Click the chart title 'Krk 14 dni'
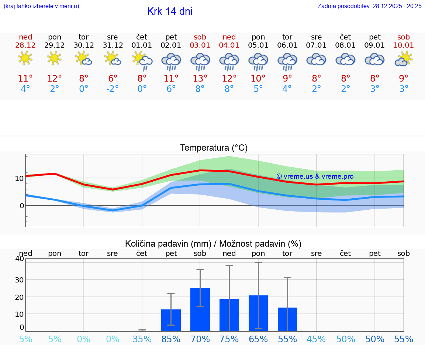(x=170, y=11)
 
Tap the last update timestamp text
(x=369, y=6)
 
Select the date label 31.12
(x=113, y=45)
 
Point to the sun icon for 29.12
(x=54, y=58)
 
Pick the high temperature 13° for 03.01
(x=200, y=78)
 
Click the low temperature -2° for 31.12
(x=113, y=89)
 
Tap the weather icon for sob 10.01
(x=404, y=59)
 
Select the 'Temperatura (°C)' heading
(x=214, y=148)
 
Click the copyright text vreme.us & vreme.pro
(x=315, y=176)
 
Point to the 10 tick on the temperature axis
(x=19, y=178)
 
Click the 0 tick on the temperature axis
(x=21, y=206)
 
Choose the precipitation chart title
(x=213, y=244)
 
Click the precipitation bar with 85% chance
(x=171, y=320)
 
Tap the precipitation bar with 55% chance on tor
(x=287, y=319)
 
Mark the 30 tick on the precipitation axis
(x=19, y=280)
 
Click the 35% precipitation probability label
(x=142, y=339)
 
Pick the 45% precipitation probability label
(x=317, y=339)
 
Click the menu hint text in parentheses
(x=41, y=6)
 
